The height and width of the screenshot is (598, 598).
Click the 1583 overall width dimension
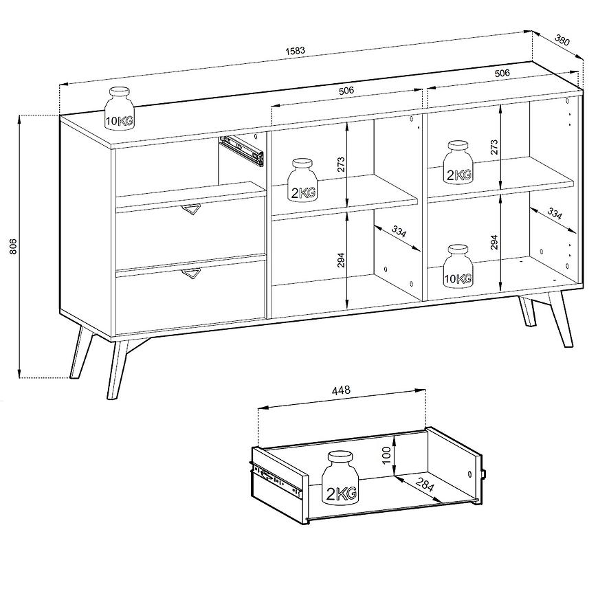295,50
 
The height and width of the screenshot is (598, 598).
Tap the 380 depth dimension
562,40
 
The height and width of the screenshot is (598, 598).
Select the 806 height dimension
13,246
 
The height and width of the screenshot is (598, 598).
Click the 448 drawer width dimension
341,390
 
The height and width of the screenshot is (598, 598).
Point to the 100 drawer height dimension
386,455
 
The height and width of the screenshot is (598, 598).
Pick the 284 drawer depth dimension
425,485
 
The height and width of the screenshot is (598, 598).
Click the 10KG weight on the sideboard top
120,109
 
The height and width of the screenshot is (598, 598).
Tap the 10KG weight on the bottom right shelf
458,266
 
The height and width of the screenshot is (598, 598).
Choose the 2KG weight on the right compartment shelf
458,162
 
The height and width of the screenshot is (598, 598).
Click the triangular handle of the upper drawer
191,210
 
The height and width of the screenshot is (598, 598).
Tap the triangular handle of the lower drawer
191,273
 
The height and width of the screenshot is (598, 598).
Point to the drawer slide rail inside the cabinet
242,151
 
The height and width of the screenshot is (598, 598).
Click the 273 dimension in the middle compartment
341,164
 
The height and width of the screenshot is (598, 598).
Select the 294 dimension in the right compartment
494,242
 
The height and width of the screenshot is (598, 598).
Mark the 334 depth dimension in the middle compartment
399,231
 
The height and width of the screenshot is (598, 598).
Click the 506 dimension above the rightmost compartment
502,73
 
